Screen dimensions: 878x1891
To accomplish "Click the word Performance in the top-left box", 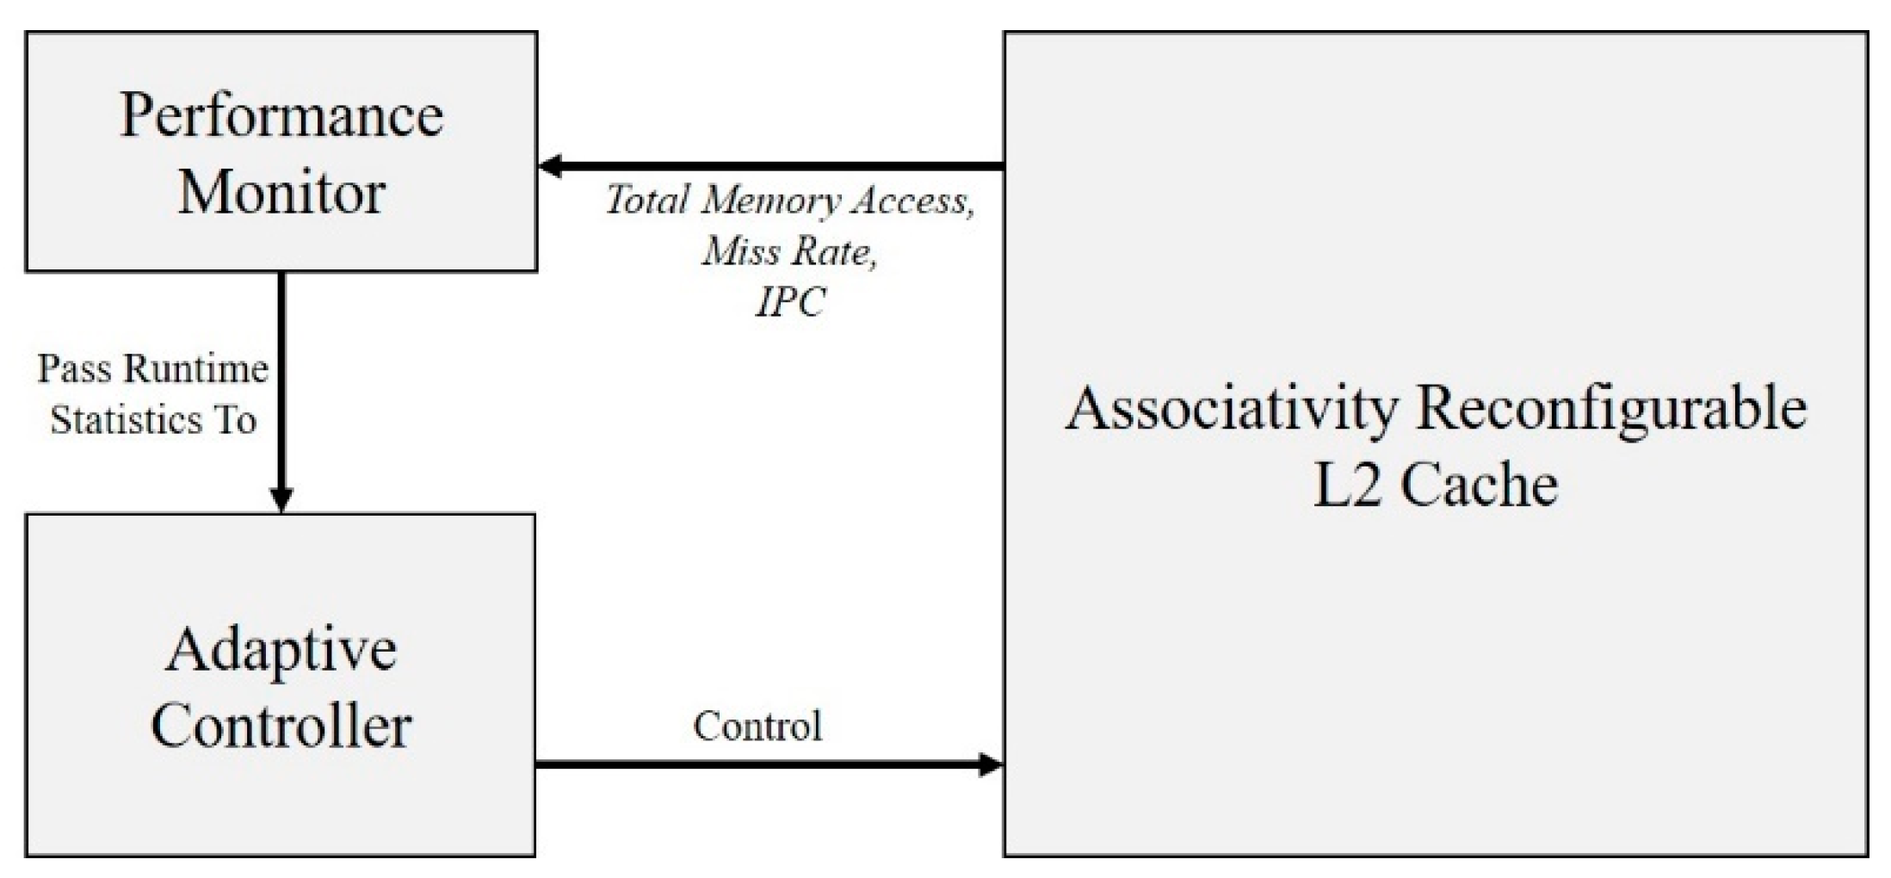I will point(281,116).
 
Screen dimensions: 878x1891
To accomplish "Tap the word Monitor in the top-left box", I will point(281,192).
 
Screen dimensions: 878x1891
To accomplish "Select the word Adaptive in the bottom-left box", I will point(281,650).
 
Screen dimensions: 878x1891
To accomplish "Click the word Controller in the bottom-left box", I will point(281,726).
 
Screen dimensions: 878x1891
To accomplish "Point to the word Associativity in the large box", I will point(1232,409).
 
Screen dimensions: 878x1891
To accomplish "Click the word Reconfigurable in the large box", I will point(1610,409).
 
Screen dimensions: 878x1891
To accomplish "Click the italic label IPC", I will point(790,301).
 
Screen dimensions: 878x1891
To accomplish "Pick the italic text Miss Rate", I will point(789,251).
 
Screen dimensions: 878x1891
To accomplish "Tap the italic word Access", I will point(913,201).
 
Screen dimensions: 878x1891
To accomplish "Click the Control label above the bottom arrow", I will point(757,727).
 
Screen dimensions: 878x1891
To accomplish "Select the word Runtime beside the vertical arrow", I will point(196,369).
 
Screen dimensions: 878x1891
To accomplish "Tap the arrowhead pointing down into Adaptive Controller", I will point(281,499).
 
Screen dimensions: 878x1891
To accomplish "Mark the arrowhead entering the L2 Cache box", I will point(992,764).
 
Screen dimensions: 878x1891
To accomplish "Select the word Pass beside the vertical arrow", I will point(74,369).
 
